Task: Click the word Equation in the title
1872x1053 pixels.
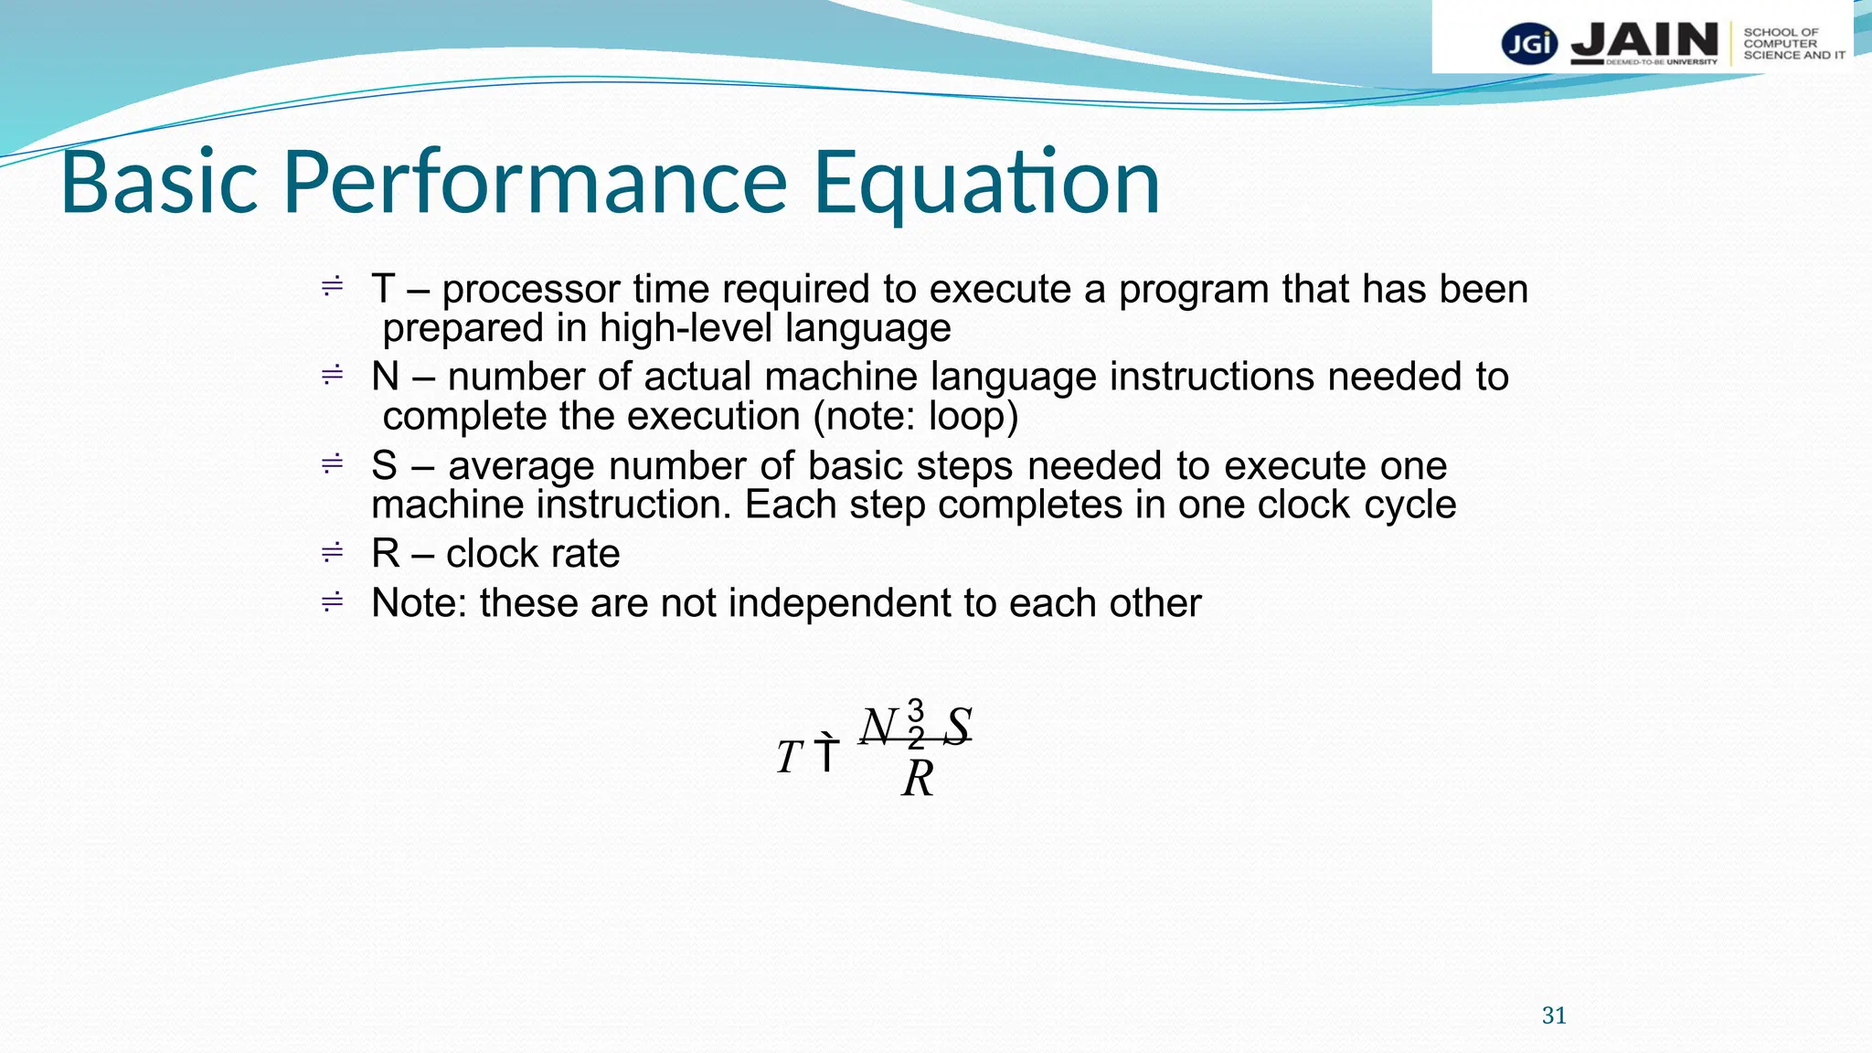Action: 987,183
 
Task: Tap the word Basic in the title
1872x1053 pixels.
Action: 160,183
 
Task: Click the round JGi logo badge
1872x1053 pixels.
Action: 1529,43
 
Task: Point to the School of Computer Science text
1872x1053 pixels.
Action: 1792,44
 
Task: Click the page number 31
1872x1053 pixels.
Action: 1554,1016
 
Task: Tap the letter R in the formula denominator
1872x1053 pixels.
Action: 918,780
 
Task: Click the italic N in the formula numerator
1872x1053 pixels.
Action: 878,727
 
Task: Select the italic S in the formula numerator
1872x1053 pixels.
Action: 957,727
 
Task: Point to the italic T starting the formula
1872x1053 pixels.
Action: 789,758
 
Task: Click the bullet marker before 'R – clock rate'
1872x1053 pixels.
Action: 332,553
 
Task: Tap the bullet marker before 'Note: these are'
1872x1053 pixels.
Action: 332,601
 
